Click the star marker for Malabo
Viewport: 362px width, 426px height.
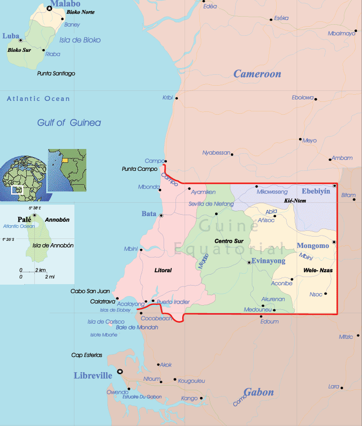coord(49,9)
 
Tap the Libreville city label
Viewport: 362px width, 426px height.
coord(93,376)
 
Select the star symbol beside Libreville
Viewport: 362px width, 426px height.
coord(120,371)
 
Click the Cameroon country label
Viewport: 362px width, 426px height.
coord(257,74)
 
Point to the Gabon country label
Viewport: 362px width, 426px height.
coord(259,392)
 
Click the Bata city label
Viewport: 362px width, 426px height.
coord(149,214)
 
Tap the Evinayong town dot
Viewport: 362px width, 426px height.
coord(249,262)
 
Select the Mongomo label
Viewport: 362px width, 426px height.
coord(313,246)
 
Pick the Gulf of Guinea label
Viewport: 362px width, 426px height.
coord(69,123)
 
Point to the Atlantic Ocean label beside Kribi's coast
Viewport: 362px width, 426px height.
coord(38,99)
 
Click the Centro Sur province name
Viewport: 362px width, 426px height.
coord(226,241)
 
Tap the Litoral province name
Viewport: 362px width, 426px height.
coord(163,270)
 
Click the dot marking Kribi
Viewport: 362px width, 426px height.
coord(176,99)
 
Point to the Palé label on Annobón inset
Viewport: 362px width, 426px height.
coord(24,219)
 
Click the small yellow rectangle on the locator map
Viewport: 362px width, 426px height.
coord(65,160)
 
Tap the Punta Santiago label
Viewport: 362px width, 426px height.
coord(56,74)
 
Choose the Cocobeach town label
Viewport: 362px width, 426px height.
coord(156,318)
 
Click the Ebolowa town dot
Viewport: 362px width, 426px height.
coord(316,99)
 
